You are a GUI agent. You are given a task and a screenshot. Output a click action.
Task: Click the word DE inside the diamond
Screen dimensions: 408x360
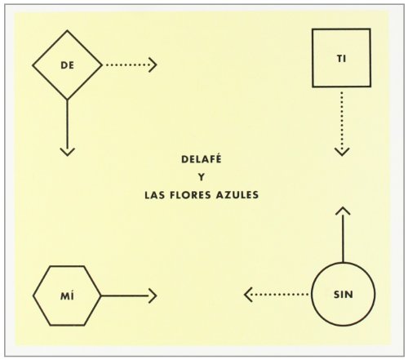pyautogui.click(x=67, y=65)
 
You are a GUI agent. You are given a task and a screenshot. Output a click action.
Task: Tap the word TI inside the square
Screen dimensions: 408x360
pyautogui.click(x=342, y=59)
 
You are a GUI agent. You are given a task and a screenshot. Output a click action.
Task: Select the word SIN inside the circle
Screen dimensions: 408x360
pyautogui.click(x=344, y=295)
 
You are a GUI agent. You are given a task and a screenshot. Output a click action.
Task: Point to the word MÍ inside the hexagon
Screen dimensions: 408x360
pyautogui.click(x=67, y=296)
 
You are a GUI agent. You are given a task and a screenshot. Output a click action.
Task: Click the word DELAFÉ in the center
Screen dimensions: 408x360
pyautogui.click(x=202, y=158)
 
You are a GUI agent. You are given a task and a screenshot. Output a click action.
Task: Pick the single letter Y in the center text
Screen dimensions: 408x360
pyautogui.click(x=202, y=177)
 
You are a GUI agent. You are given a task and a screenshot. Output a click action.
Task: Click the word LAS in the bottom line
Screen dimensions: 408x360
pyautogui.click(x=154, y=195)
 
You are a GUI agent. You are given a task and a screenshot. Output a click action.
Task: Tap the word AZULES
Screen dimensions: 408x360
pyautogui.click(x=237, y=195)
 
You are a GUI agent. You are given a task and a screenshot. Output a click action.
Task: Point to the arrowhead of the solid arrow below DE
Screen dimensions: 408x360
pyautogui.click(x=68, y=152)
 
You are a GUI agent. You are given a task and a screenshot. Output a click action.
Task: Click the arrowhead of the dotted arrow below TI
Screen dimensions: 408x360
pyautogui.click(x=342, y=152)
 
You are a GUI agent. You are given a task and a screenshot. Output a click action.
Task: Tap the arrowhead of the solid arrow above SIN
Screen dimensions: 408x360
pyautogui.click(x=343, y=211)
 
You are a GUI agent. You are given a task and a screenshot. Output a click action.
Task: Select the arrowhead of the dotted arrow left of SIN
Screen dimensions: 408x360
pyautogui.click(x=247, y=295)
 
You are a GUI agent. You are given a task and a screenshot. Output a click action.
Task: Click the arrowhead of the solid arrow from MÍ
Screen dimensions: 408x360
pyautogui.click(x=153, y=296)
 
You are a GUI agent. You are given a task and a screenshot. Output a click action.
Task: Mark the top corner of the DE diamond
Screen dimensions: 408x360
pyautogui.click(x=67, y=31)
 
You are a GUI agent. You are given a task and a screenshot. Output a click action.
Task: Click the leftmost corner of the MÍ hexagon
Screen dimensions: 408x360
pyautogui.click(x=33, y=296)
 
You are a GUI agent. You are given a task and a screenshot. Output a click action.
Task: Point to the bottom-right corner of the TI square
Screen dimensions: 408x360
pyautogui.click(x=370, y=87)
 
